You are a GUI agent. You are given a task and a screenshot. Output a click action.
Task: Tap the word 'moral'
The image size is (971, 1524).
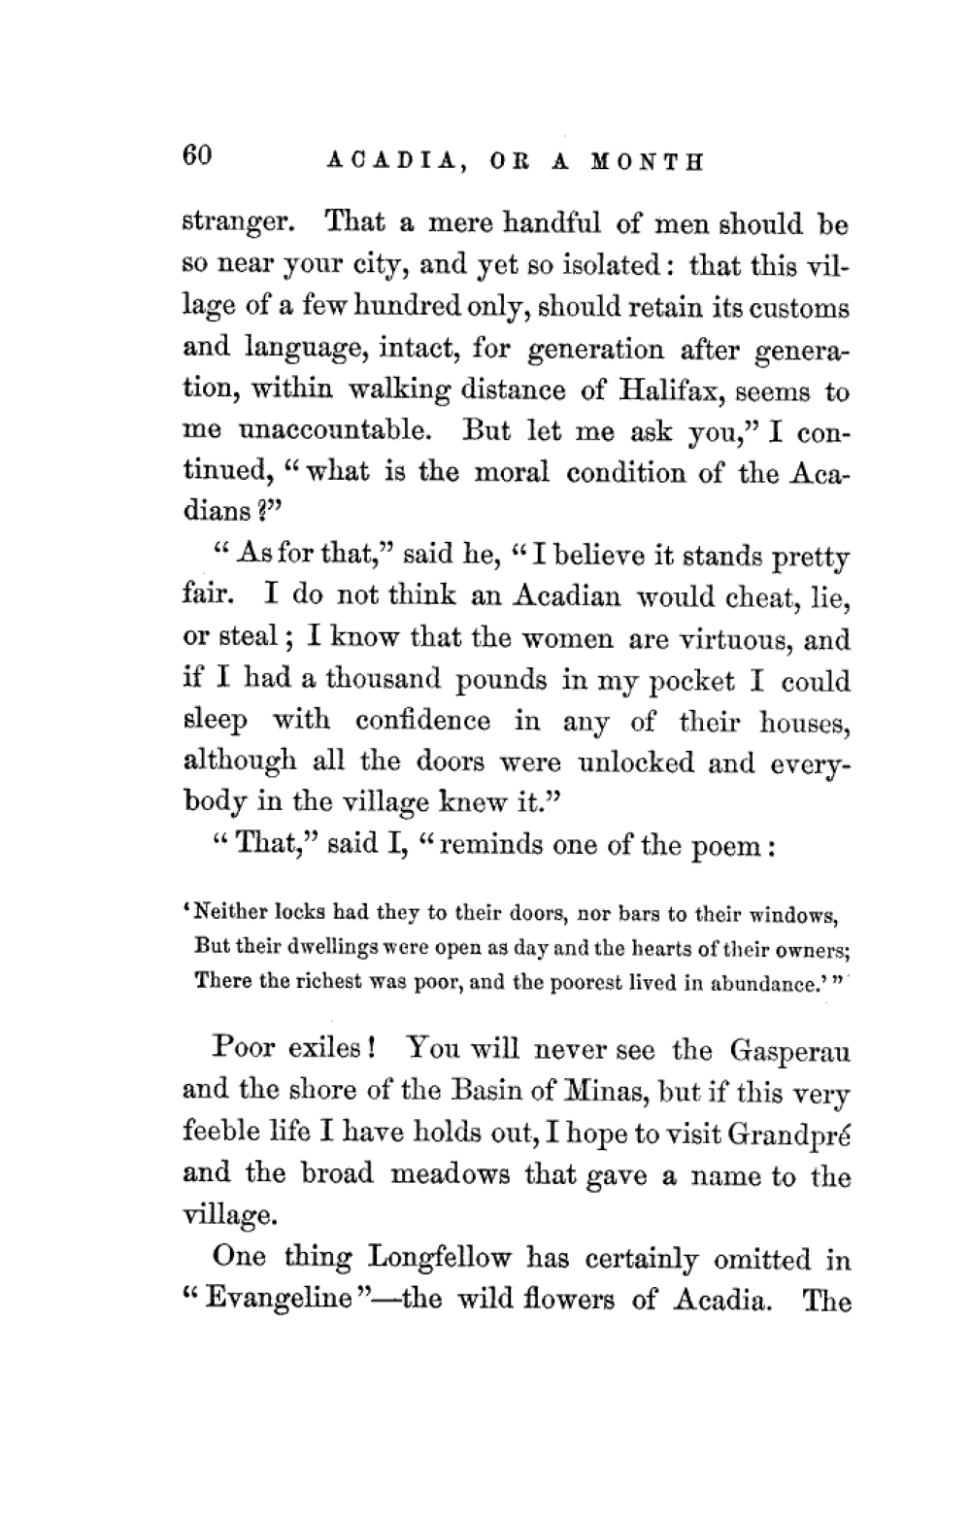(x=513, y=473)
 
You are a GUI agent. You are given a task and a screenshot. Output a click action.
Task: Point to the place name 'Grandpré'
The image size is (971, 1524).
(x=793, y=1134)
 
